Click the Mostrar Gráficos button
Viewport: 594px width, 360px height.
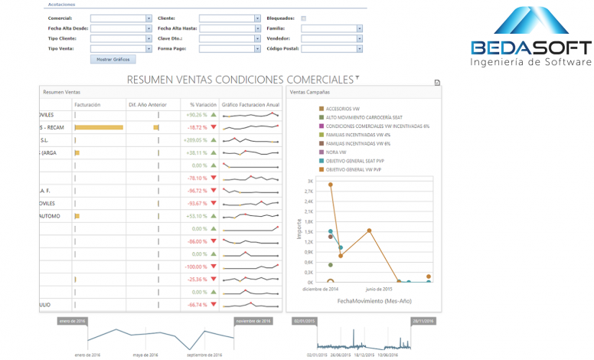tap(113, 59)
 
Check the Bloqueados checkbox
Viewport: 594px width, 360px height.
tap(304, 18)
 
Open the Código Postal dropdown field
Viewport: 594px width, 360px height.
tap(331, 48)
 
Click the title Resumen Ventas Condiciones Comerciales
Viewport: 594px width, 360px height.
tap(241, 79)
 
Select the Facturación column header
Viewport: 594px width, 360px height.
tap(88, 104)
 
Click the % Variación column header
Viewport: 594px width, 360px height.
tap(203, 104)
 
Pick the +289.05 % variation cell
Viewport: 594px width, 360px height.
tap(194, 140)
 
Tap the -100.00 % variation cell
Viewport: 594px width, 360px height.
tap(196, 267)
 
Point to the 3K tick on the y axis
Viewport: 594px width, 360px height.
tap(310, 182)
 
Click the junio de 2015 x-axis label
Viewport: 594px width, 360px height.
tap(378, 289)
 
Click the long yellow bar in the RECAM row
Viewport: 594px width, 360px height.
tap(99, 127)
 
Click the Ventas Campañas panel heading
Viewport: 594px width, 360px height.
tap(306, 91)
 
